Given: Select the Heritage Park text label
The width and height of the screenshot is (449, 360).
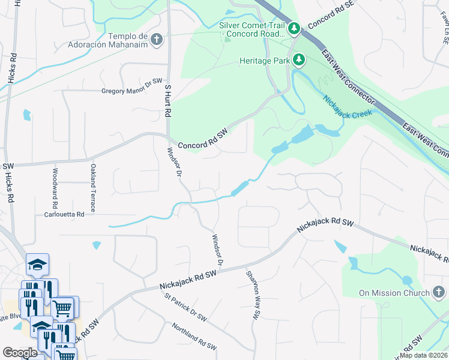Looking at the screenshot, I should pyautogui.click(x=263, y=60).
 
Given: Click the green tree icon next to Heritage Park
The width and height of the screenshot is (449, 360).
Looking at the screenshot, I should pyautogui.click(x=298, y=59).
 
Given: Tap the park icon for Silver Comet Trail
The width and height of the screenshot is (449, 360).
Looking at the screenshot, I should pyautogui.click(x=294, y=28).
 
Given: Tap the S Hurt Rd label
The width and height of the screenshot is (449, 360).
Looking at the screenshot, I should pyautogui.click(x=169, y=100).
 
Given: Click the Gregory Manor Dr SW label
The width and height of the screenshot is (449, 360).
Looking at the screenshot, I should pyautogui.click(x=132, y=91).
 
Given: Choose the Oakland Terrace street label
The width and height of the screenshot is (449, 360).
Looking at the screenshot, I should pyautogui.click(x=93, y=188).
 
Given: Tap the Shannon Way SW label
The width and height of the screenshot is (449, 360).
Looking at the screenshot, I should pyautogui.click(x=254, y=294).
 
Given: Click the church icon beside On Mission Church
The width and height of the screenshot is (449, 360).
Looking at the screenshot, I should pyautogui.click(x=439, y=293).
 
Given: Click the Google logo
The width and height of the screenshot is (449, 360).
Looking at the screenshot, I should pyautogui.click(x=20, y=353).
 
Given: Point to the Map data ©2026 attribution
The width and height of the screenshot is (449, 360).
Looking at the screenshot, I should pyautogui.click(x=423, y=355).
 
